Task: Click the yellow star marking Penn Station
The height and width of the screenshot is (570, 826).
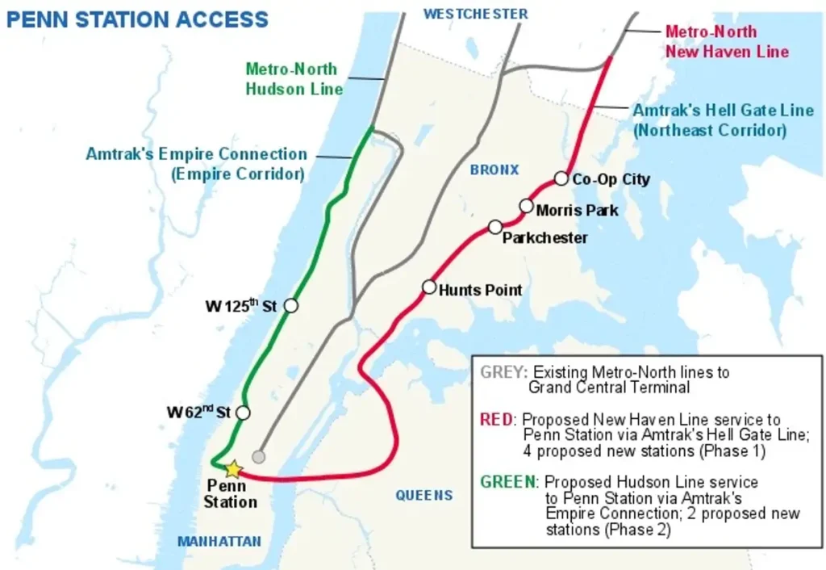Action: [x=233, y=468]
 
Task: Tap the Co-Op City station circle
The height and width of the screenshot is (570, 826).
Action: [x=561, y=178]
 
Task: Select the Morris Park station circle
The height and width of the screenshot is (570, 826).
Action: [x=526, y=206]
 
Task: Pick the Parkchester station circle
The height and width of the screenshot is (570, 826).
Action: [x=495, y=227]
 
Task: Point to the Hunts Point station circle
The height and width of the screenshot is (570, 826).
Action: [x=429, y=287]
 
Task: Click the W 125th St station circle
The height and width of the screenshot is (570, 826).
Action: [x=291, y=305]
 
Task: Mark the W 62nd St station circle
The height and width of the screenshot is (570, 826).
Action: [x=243, y=413]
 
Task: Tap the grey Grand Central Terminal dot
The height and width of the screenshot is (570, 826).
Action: [x=258, y=457]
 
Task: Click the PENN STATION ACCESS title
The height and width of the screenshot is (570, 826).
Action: [x=137, y=19]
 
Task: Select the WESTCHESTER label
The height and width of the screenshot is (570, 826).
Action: [x=476, y=14]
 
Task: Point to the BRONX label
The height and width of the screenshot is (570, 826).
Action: [x=494, y=170]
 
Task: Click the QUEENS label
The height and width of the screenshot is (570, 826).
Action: [x=424, y=495]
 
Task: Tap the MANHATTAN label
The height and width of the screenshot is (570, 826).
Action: [x=220, y=541]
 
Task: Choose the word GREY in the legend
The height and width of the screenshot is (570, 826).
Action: [x=503, y=372]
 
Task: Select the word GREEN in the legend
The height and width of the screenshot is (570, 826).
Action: [x=508, y=481]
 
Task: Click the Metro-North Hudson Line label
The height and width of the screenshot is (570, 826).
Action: [x=294, y=79]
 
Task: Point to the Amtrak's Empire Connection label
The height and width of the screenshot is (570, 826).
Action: [x=197, y=163]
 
